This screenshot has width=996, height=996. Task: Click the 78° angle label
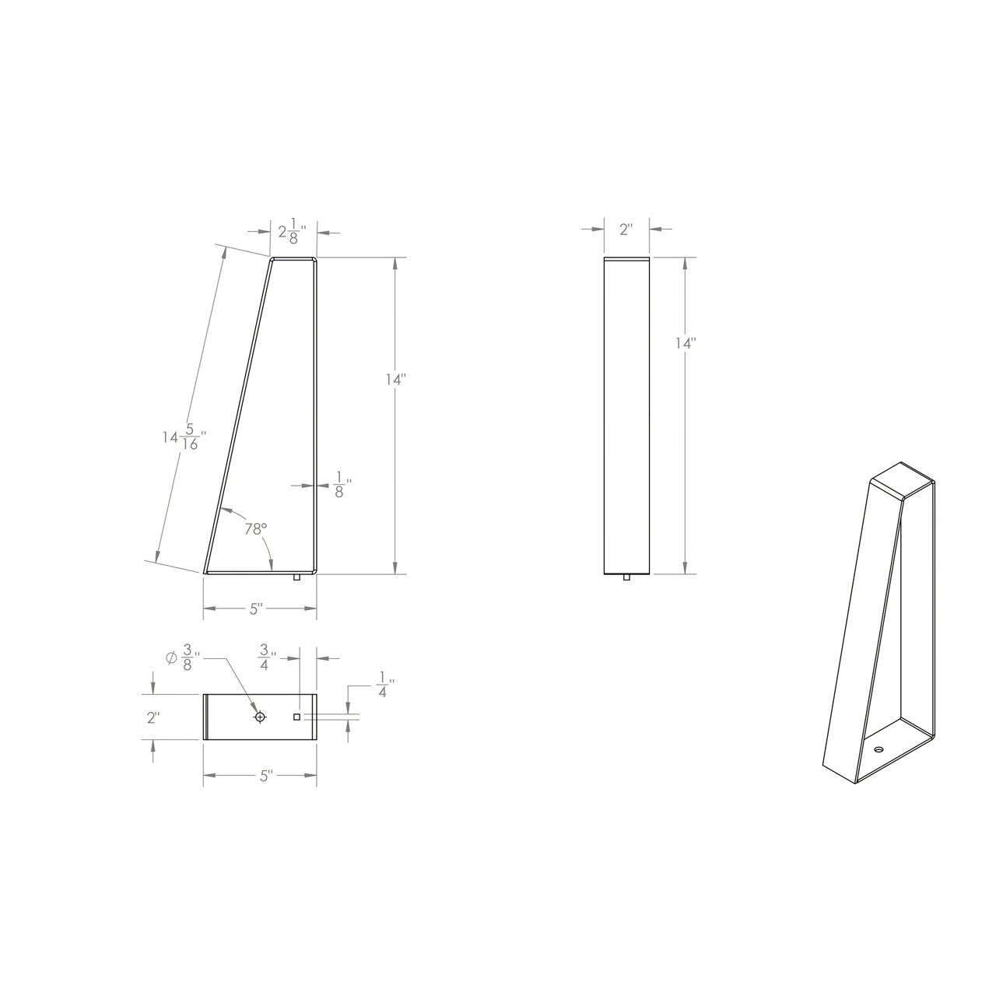coord(255,529)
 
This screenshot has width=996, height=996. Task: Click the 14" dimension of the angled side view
coord(396,379)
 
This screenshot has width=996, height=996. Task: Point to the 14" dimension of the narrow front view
coord(685,343)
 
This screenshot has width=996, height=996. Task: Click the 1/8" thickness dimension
coord(338,485)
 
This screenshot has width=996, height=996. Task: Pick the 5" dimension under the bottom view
coord(265,776)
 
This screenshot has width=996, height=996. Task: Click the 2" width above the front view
coord(626,229)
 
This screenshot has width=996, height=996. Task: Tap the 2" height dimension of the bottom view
coord(153,717)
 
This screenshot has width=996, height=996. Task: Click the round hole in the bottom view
coord(260,717)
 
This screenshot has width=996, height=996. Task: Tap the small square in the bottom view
coord(296,717)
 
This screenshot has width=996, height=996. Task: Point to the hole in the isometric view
coord(879,749)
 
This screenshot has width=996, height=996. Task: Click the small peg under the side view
coord(296,577)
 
